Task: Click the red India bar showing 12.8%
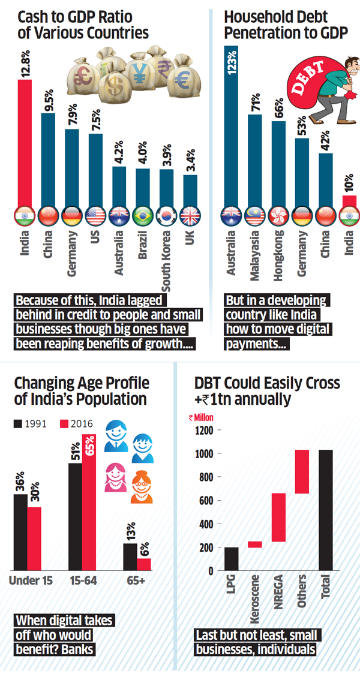tap(25, 144)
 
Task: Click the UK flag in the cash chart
tap(190, 215)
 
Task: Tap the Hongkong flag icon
tap(278, 215)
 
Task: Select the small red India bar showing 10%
tap(349, 201)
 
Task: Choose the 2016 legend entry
tap(75, 424)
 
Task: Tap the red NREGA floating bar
tap(278, 517)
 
